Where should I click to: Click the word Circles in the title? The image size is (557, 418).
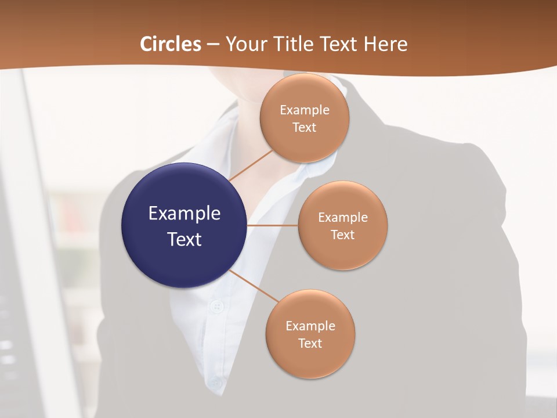[171, 44]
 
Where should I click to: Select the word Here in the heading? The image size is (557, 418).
[385, 44]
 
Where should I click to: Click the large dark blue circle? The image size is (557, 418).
[185, 225]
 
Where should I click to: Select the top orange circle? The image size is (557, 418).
[305, 118]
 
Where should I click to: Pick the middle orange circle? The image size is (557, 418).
[343, 225]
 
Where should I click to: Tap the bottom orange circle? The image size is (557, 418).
[310, 334]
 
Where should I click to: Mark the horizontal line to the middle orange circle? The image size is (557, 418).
[273, 225]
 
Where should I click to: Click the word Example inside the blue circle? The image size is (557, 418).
[185, 214]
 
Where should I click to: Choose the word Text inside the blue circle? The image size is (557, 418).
[185, 239]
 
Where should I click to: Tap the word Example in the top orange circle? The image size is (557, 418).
[305, 110]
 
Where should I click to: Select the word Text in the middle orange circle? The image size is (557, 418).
[343, 235]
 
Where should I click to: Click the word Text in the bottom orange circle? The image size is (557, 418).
[310, 343]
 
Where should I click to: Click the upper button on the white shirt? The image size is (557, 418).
[218, 306]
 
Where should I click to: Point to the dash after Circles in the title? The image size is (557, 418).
[213, 45]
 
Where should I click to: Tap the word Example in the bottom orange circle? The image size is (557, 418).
[310, 326]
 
